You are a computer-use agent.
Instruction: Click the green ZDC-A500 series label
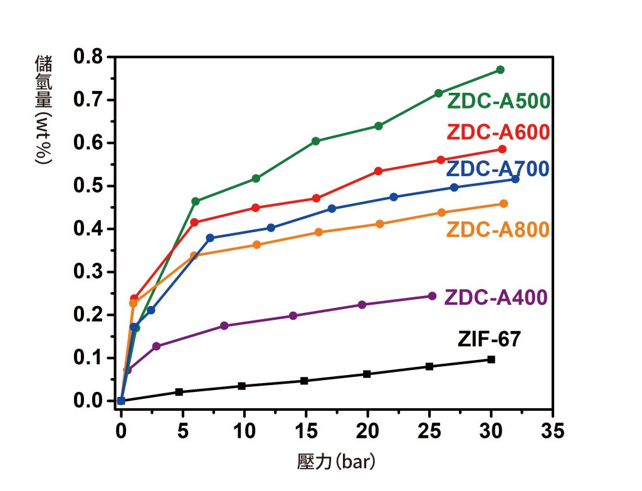[498, 101]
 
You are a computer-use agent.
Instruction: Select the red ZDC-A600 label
[498, 132]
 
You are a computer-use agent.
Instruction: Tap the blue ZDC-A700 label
[498, 169]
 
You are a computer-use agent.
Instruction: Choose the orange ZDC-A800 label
[498, 230]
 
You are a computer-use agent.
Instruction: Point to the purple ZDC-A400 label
[496, 297]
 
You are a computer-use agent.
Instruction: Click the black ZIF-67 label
[489, 340]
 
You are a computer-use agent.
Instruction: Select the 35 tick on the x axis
[552, 431]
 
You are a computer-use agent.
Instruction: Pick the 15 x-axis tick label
[306, 431]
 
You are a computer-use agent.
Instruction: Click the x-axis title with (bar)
[335, 463]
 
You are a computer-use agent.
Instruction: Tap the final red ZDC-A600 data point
[502, 149]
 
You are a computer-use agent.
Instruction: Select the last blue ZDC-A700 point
[515, 179]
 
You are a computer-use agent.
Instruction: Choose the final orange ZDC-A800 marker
[503, 204]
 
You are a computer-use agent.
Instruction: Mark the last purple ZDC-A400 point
[432, 296]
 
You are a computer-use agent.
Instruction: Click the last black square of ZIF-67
[491, 359]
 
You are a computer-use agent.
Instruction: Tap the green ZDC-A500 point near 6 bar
[196, 201]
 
